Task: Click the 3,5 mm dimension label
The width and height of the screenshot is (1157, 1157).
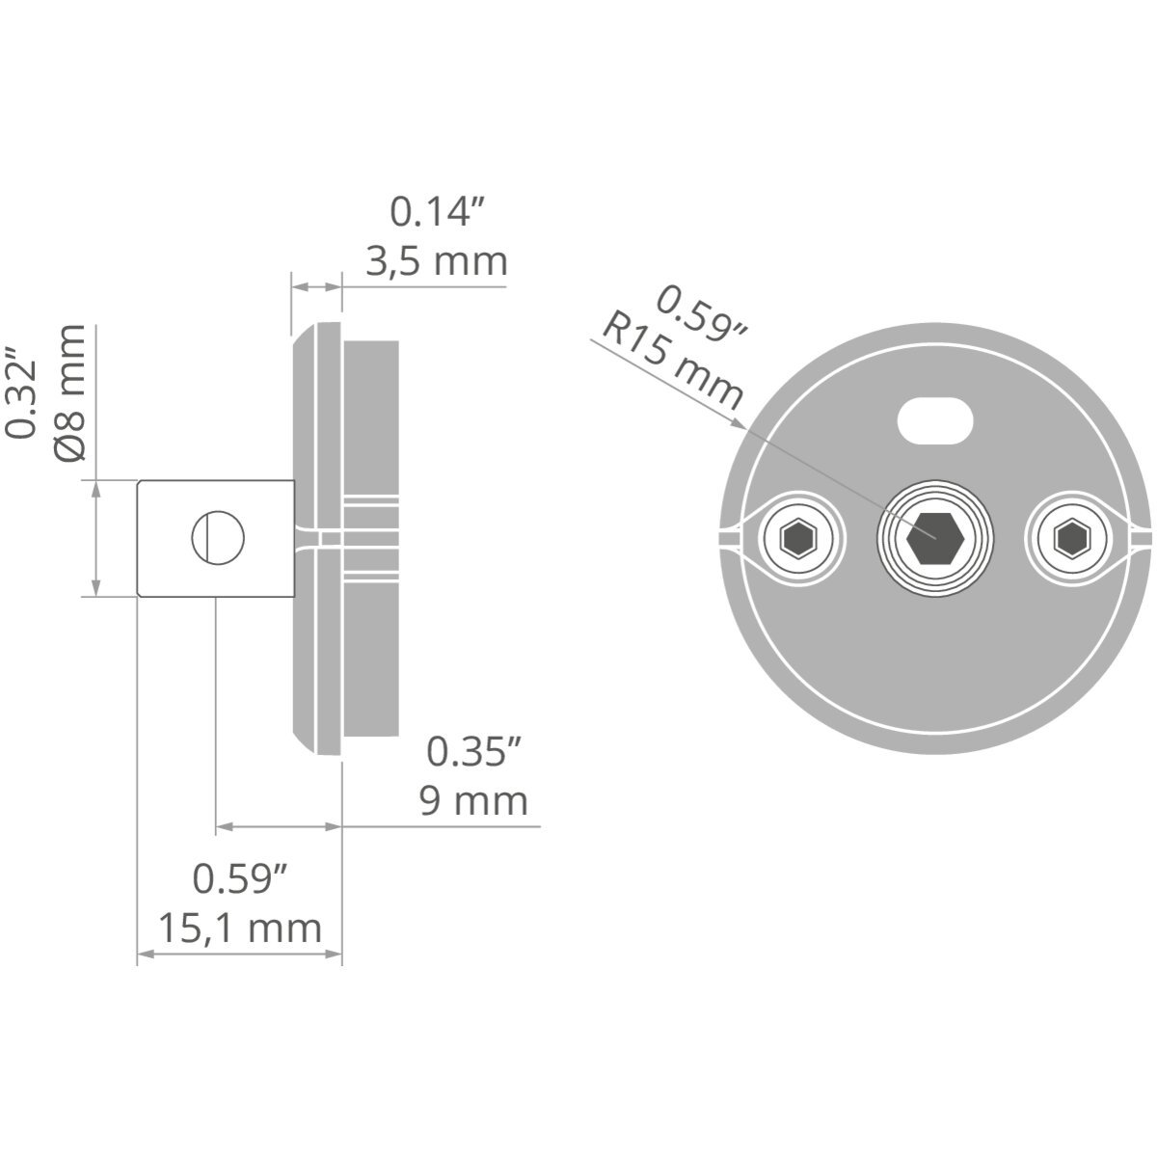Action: point(437,262)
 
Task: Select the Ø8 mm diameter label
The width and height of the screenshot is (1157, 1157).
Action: point(70,392)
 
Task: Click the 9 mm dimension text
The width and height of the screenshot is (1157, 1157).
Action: point(473,801)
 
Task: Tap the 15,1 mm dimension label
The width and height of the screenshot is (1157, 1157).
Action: point(239,928)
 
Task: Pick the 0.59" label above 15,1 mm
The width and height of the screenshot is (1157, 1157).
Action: point(239,878)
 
